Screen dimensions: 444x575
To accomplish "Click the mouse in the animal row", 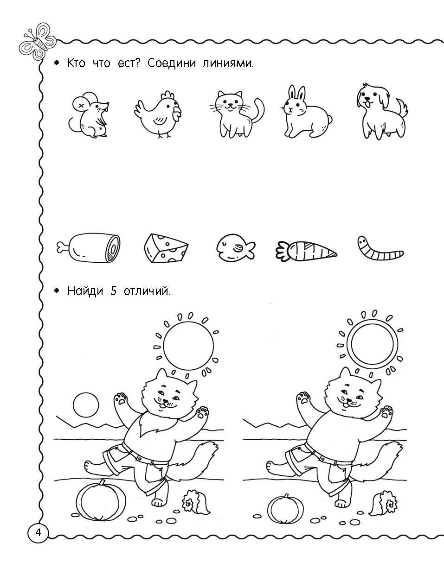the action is click(x=89, y=115).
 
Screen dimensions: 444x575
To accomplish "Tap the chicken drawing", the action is click(x=158, y=115).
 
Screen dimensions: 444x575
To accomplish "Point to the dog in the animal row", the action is click(x=381, y=111).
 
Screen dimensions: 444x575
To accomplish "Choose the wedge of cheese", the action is click(x=166, y=248).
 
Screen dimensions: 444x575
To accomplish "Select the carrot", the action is click(x=306, y=250).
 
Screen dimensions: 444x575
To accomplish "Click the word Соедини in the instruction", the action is click(x=172, y=63).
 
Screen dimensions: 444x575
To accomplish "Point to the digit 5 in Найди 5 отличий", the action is click(x=113, y=291).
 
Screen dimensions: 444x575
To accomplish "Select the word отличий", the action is click(x=147, y=291).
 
